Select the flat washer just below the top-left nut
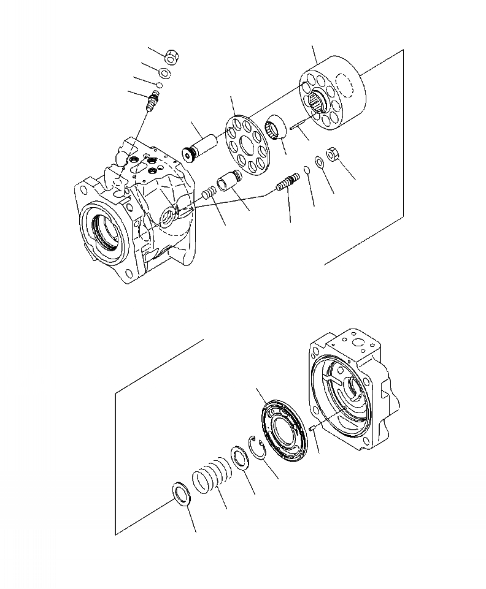click(166, 74)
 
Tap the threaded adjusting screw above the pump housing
click(153, 99)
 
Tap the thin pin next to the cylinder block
click(300, 129)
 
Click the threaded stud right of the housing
click(288, 183)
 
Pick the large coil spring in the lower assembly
click(212, 476)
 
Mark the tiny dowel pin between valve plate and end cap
click(312, 428)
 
